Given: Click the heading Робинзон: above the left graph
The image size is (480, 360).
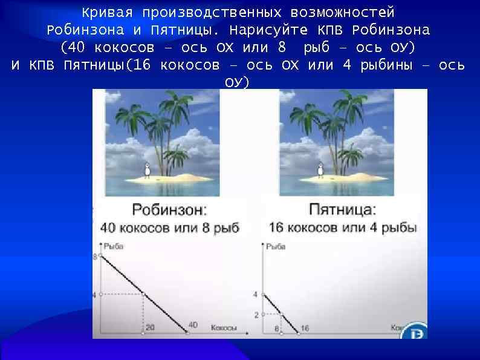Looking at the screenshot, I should coord(169,211).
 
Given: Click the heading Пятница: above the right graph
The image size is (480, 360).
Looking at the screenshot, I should coord(342,210).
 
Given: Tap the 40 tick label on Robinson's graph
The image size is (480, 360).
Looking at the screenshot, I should coord(193,326).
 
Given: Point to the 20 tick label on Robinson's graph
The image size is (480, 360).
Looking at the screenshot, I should coord(151,327).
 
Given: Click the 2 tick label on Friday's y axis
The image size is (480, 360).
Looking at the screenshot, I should coord(256,315).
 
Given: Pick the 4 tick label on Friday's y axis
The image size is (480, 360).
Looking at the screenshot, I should coord(256,295).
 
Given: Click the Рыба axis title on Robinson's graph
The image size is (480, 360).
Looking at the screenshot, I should coord(114,246).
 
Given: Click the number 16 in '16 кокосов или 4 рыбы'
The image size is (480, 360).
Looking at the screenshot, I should coord(276,227).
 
